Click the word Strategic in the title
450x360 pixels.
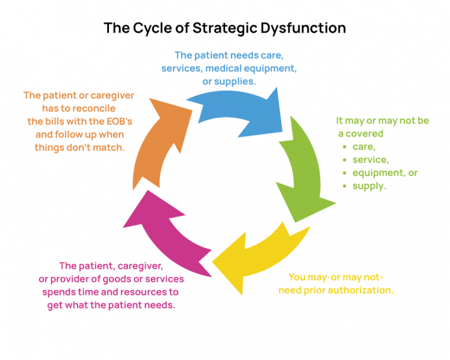(x=220, y=29)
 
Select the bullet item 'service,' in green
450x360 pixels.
(x=370, y=160)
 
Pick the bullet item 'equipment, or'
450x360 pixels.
(x=385, y=173)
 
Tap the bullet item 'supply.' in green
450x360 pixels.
(x=369, y=186)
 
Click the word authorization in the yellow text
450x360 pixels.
(x=361, y=290)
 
